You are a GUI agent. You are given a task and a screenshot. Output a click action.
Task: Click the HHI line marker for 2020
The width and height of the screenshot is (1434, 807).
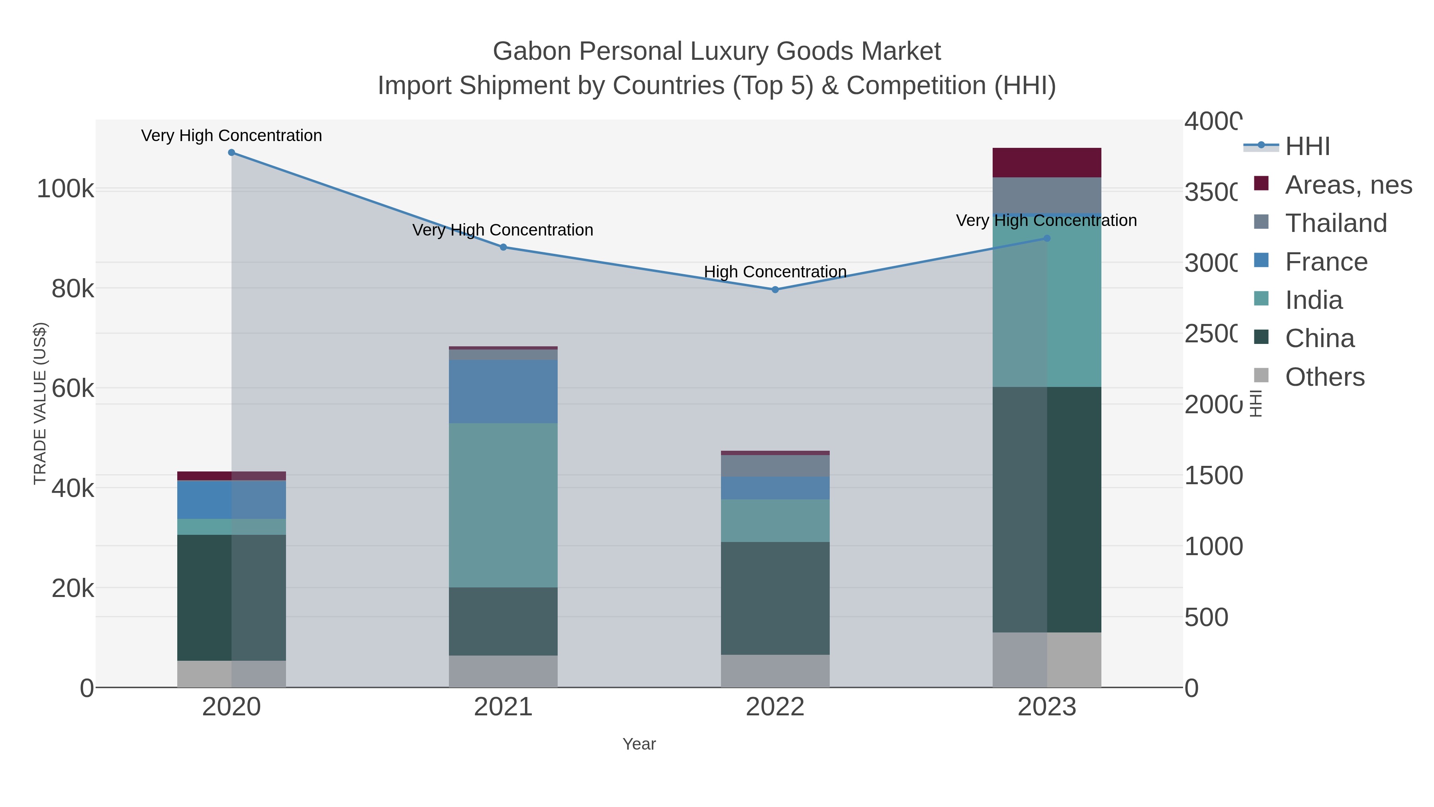tap(231, 153)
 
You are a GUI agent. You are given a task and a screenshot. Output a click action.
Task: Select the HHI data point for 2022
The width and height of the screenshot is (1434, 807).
tap(775, 290)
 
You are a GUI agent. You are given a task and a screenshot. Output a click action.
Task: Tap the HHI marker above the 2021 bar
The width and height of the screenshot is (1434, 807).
tap(503, 247)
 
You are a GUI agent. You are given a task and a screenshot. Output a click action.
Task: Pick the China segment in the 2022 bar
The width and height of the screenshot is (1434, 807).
tap(775, 598)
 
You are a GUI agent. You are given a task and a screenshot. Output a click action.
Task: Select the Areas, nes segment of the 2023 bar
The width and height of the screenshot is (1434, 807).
tap(1046, 163)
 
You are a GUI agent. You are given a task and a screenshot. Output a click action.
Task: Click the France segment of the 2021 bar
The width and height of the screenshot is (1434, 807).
tap(503, 391)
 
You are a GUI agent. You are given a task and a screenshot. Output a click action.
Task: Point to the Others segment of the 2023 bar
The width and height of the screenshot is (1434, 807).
tap(1046, 660)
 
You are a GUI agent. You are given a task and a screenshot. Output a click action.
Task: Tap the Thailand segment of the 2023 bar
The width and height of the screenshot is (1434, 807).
tap(1046, 195)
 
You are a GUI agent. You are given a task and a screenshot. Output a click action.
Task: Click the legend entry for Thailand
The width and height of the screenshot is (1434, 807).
tap(1336, 223)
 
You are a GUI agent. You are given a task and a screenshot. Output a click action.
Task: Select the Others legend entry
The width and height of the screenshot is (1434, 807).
tap(1324, 377)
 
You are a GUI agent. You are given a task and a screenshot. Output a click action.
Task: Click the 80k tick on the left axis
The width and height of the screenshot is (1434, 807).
tap(72, 289)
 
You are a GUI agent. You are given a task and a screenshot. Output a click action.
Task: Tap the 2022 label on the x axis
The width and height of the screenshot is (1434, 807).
tap(775, 707)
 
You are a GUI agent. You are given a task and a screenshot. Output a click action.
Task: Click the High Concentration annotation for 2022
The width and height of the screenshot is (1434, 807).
tap(775, 272)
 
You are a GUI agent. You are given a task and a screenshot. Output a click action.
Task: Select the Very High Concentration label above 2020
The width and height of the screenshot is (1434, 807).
tap(231, 136)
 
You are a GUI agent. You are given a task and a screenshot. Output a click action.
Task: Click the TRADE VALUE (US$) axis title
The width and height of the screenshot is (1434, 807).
tap(40, 403)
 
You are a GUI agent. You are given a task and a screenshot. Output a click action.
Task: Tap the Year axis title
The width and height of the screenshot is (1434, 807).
tap(639, 744)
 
